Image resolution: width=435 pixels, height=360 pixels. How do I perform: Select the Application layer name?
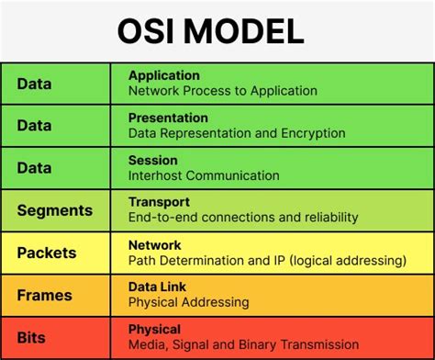tap(164, 75)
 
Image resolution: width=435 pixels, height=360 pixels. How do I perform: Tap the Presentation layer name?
tap(168, 118)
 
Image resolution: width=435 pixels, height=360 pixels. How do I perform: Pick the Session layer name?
tap(152, 160)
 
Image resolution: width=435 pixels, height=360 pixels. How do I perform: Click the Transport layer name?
tap(159, 202)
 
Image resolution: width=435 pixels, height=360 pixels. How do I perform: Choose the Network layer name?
tap(155, 245)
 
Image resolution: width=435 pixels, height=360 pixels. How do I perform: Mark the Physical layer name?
tap(154, 329)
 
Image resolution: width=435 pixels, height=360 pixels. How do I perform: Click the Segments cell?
tap(54, 210)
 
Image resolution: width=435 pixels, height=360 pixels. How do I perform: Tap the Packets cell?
tap(46, 253)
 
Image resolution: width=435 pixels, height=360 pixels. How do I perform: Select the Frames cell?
tap(44, 296)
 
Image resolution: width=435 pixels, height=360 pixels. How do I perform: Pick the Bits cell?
tap(33, 337)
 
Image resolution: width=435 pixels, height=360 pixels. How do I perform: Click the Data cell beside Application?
tap(34, 84)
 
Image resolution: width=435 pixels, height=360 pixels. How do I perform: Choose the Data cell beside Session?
tap(34, 168)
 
